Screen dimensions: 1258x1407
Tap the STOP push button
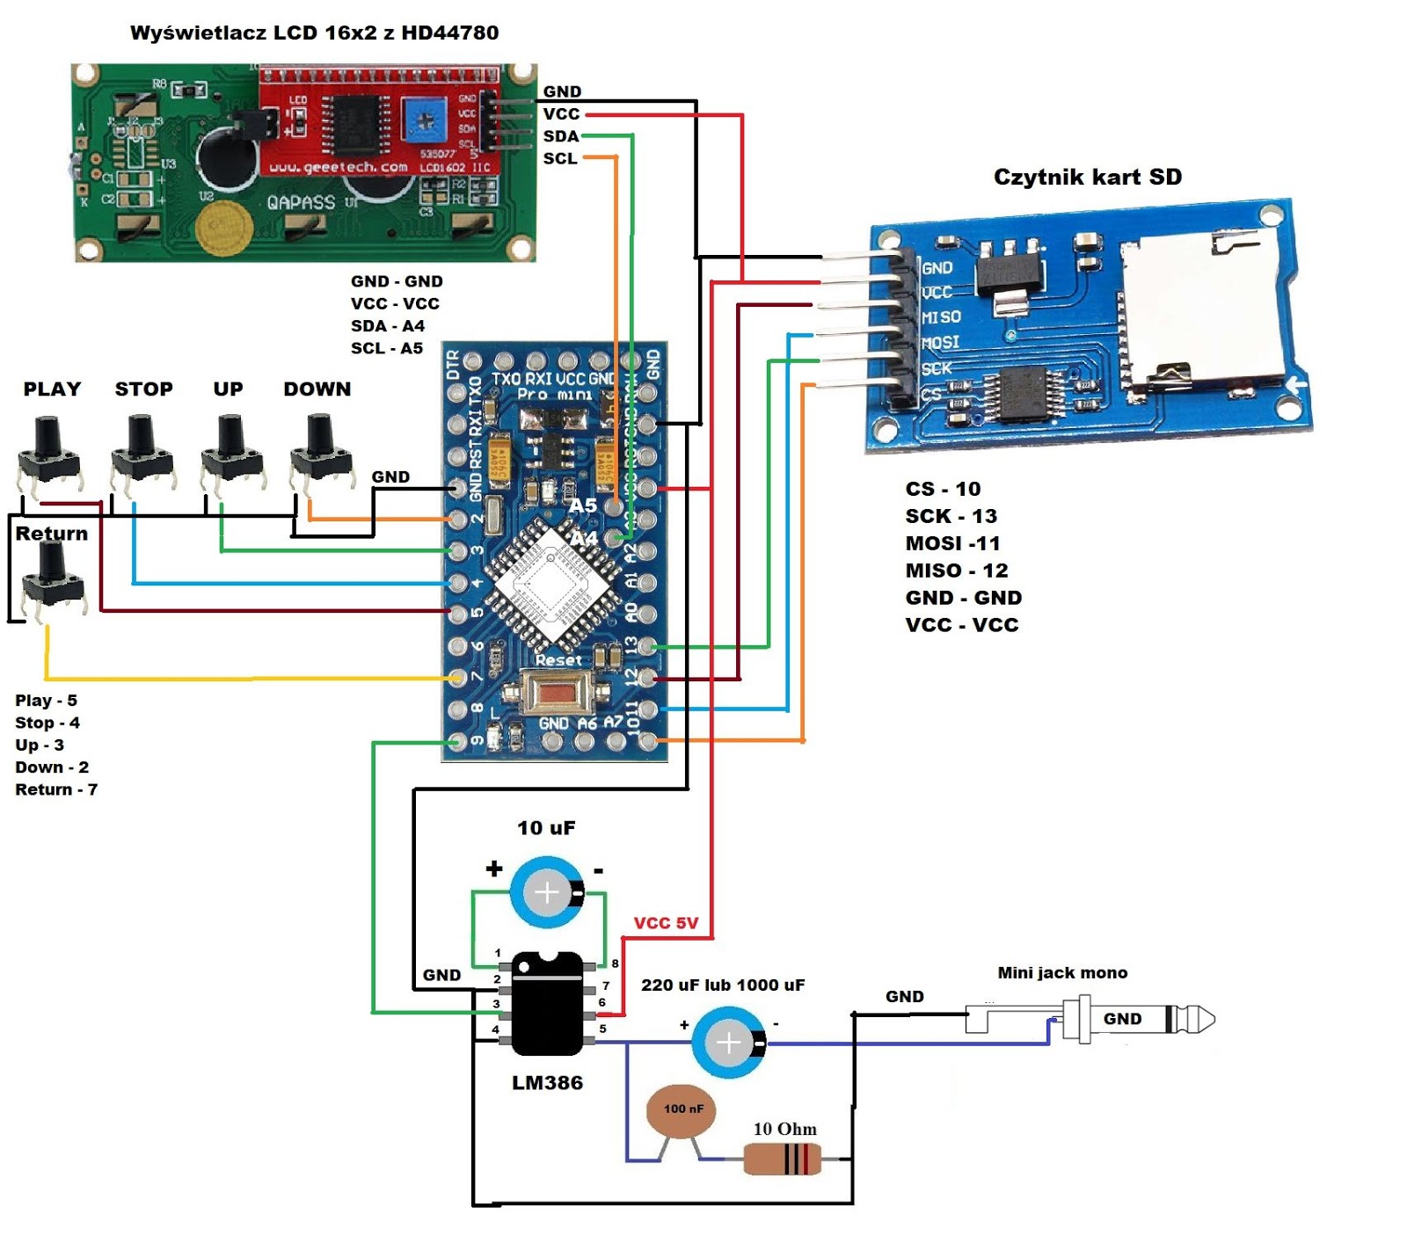142,452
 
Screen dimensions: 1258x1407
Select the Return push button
53,576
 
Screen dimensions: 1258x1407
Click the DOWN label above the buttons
317,389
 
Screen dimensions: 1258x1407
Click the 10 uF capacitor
547,892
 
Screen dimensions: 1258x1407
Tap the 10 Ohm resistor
782,1160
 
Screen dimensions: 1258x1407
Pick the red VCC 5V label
666,923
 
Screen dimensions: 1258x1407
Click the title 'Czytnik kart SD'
1087,177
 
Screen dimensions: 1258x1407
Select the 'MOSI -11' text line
952,543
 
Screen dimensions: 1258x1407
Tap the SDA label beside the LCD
560,136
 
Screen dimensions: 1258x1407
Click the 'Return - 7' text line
56,789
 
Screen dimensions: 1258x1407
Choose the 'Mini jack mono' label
1061,973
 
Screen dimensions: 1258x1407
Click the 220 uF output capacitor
729,1043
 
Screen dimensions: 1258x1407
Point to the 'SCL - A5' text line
386,348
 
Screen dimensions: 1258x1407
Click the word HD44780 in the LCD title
449,33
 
